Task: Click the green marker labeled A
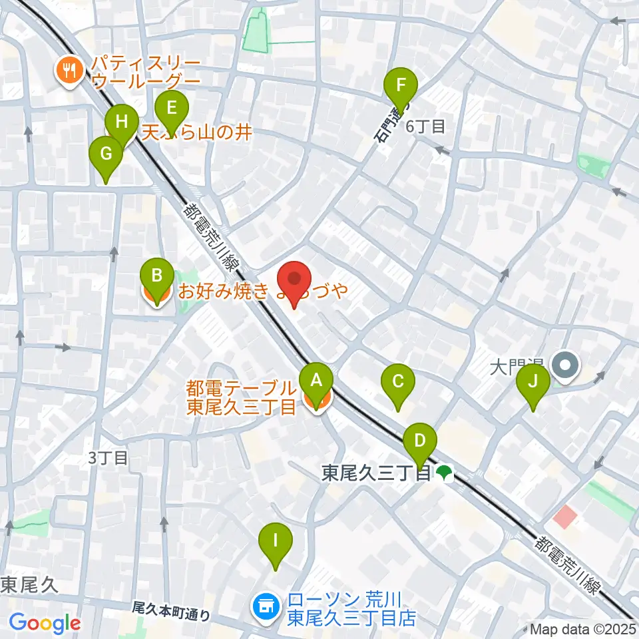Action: click(316, 381)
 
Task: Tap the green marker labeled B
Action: click(157, 275)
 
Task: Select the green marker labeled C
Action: click(398, 382)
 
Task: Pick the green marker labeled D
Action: click(420, 441)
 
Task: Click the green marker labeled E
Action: click(172, 107)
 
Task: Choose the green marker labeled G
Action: click(106, 152)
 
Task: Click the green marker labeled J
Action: click(533, 382)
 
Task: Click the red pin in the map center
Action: click(294, 279)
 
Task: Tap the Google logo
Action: click(45, 623)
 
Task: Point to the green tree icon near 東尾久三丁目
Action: click(444, 473)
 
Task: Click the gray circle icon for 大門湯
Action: click(567, 365)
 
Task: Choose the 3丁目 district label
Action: click(108, 457)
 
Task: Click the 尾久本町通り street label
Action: click(172, 609)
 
